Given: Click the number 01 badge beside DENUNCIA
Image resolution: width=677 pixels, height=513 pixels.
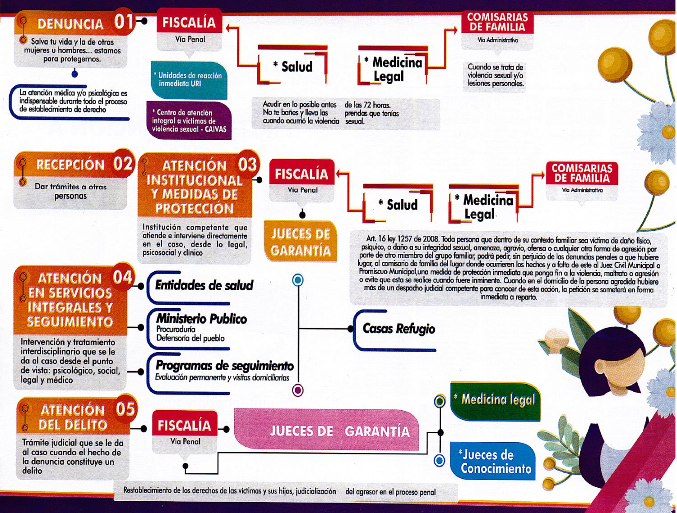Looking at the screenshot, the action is coord(124,22).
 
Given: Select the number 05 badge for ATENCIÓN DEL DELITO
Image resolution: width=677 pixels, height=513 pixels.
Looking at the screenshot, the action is coord(125,409).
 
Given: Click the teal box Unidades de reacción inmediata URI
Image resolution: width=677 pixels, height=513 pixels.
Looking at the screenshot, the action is coord(189,80).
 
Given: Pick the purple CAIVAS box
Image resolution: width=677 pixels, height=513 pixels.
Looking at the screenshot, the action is coord(189,120).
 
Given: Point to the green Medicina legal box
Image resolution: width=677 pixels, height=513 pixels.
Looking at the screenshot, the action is coord(495,401).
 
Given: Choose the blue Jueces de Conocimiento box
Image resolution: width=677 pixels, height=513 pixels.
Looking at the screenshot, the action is coord(493,461).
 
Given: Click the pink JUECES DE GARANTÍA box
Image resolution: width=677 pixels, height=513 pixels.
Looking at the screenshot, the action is coord(327,431).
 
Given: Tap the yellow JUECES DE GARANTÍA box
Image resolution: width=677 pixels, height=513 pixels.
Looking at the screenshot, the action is coord(301,242).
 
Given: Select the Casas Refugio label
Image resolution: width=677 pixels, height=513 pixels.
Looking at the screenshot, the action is coord(399,329).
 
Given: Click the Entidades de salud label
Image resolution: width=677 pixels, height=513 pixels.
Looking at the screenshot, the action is coord(204,285).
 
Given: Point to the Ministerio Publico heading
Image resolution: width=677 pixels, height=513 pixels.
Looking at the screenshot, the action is coord(201,319).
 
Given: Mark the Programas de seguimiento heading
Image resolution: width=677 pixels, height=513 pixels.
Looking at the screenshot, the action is coord(224,366).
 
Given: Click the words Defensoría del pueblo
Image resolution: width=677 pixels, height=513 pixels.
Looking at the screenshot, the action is coord(190,338).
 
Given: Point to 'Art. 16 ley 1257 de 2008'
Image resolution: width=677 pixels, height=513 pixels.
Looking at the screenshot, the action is coord(402,239).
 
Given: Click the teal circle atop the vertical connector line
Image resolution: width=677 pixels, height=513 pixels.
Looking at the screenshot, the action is coord(297,280).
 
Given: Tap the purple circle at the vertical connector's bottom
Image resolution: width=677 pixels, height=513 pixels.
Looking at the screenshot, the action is coord(297,390).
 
